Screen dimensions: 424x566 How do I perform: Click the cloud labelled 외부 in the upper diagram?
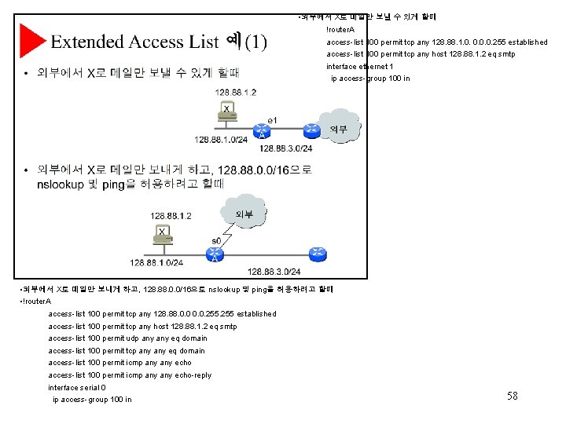click(339, 129)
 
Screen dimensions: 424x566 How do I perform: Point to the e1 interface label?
click(272, 120)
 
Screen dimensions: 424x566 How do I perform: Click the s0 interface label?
click(216, 241)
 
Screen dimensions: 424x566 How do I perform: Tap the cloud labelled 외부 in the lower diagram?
click(244, 214)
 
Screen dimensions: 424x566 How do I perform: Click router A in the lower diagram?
click(214, 253)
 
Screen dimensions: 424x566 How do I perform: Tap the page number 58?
click(512, 397)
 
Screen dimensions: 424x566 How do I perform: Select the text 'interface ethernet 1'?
click(359, 67)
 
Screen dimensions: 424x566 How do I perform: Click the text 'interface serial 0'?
click(77, 387)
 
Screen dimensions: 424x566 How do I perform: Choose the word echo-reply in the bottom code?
click(193, 375)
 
